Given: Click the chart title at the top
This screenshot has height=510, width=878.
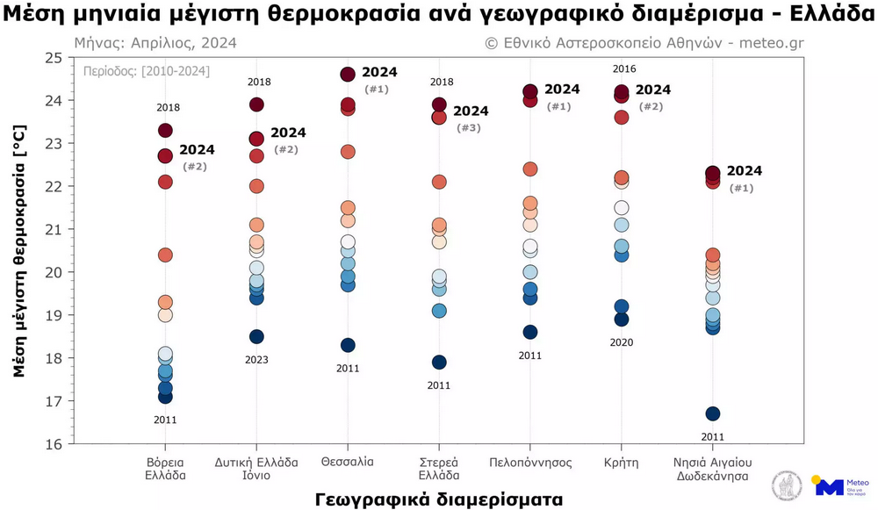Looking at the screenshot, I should pyautogui.click(x=439, y=15).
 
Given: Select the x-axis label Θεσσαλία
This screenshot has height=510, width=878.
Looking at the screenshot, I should pyautogui.click(x=348, y=462).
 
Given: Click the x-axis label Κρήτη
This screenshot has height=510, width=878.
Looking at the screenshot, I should pyautogui.click(x=622, y=462).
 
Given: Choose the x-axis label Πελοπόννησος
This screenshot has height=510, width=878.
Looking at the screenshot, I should pyautogui.click(x=530, y=462).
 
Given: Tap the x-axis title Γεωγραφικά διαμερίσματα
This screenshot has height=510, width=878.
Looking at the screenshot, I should pyautogui.click(x=438, y=499).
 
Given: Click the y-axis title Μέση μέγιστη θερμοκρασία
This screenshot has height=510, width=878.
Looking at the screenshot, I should pyautogui.click(x=19, y=251).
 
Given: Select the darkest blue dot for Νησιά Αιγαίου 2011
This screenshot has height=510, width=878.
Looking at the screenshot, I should pyautogui.click(x=713, y=413).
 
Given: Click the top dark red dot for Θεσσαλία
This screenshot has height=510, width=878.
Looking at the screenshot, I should pyautogui.click(x=348, y=75).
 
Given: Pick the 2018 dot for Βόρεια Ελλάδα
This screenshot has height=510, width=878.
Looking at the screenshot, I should pyautogui.click(x=165, y=131).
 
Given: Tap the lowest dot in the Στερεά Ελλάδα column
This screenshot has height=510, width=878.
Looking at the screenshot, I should pyautogui.click(x=439, y=363).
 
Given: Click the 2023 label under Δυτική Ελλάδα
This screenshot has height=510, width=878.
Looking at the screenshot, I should pyautogui.click(x=256, y=360).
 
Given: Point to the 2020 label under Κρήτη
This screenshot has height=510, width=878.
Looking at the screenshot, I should pyautogui.click(x=622, y=342).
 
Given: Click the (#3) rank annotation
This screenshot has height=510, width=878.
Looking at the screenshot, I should pyautogui.click(x=469, y=128).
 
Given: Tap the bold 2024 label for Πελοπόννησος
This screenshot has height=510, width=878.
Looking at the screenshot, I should pyautogui.click(x=562, y=90).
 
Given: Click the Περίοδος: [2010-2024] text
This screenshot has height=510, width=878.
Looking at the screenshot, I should pyautogui.click(x=146, y=71).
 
